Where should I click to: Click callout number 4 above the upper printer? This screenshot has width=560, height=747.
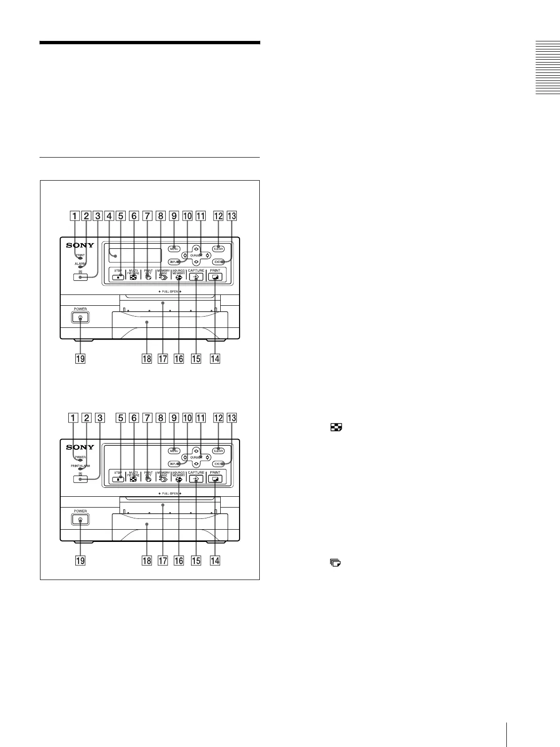tap(109, 216)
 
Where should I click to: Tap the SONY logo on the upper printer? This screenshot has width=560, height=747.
tap(80, 245)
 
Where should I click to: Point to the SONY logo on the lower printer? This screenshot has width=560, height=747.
tap(80, 447)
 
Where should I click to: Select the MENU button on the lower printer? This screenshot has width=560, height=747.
tap(174, 451)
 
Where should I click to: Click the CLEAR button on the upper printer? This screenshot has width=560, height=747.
tap(218, 248)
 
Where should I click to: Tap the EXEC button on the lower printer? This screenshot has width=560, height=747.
tap(218, 464)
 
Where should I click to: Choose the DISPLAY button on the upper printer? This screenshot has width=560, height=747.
tap(175, 262)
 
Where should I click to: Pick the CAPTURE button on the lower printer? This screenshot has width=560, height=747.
tap(196, 479)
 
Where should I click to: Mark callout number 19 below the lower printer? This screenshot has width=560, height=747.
tap(80, 560)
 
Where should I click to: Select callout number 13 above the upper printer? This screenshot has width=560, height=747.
tap(232, 216)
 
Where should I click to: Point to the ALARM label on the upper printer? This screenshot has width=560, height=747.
tap(80, 263)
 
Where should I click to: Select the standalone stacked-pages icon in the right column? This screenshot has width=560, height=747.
tap(335, 562)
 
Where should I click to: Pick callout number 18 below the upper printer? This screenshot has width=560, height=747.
tap(147, 358)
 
